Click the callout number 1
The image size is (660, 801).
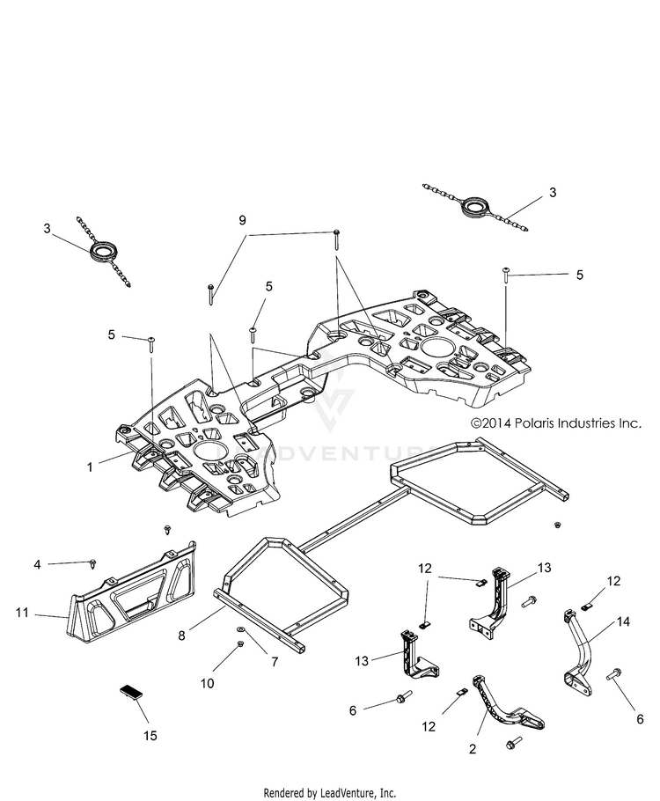(x=90, y=467)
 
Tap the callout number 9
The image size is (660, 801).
(x=242, y=220)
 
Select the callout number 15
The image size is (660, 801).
(x=150, y=736)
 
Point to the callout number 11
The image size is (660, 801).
(x=22, y=612)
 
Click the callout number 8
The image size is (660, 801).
(x=181, y=636)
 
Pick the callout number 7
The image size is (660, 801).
(x=275, y=662)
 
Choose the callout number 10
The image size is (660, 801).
(x=207, y=684)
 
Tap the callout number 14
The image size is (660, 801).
(x=623, y=621)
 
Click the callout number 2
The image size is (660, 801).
(x=472, y=749)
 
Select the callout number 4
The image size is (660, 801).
(x=37, y=564)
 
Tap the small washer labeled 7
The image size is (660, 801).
(x=240, y=628)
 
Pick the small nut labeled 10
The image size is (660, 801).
(x=240, y=644)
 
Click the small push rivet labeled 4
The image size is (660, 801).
(x=93, y=563)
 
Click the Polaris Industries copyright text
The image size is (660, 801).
(x=555, y=423)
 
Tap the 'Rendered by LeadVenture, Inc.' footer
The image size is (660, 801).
(x=329, y=793)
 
